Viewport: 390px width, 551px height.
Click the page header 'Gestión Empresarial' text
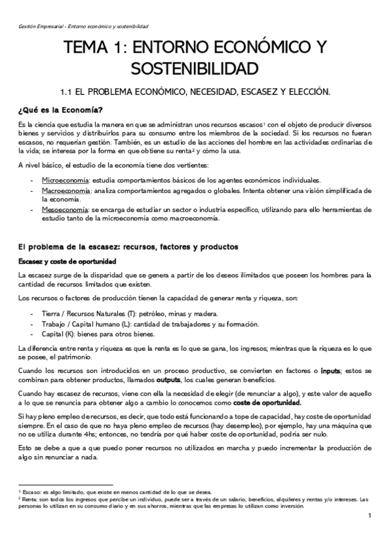[x=42, y=27]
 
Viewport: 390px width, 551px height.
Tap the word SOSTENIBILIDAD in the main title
[x=195, y=68]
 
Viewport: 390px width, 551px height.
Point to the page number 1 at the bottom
[x=369, y=516]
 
